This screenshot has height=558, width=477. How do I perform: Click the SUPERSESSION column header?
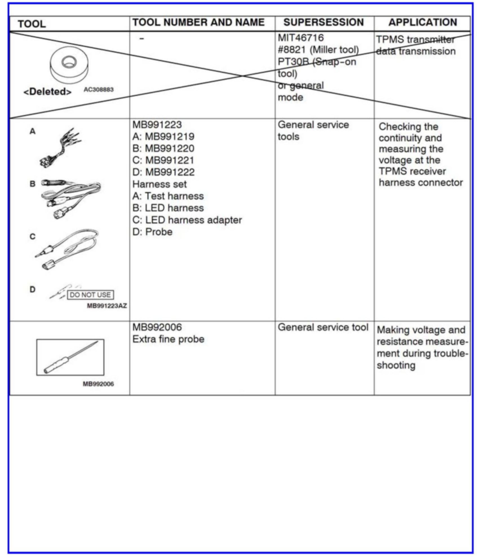pos(323,23)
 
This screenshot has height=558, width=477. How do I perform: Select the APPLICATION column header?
pos(422,23)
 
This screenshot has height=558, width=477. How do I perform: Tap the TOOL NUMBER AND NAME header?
pos(199,23)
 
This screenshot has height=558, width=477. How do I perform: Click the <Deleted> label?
pos(47,92)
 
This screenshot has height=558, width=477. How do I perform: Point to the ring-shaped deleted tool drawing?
pos(69,65)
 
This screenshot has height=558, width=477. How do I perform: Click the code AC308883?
pos(99,90)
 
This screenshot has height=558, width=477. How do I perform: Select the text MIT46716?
pos(301,38)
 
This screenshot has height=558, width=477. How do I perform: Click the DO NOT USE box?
pos(90,295)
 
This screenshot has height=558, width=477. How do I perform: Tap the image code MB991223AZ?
pos(107,306)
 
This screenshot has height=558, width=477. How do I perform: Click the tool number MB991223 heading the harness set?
pos(157,125)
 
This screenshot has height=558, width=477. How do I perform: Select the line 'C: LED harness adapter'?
pos(187,220)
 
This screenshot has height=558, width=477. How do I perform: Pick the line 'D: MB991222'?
pos(163,172)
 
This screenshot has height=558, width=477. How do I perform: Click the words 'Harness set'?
pos(159,184)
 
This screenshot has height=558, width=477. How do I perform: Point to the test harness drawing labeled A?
pos(61,148)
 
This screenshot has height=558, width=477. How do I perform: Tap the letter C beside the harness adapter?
pos(33,237)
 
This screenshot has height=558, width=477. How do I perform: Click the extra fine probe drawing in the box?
pos(70,357)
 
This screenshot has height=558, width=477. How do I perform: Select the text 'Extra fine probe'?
pos(168,339)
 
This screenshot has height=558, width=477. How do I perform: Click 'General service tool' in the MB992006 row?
pos(323,327)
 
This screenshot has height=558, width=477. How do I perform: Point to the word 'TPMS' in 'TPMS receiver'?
pos(391,171)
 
